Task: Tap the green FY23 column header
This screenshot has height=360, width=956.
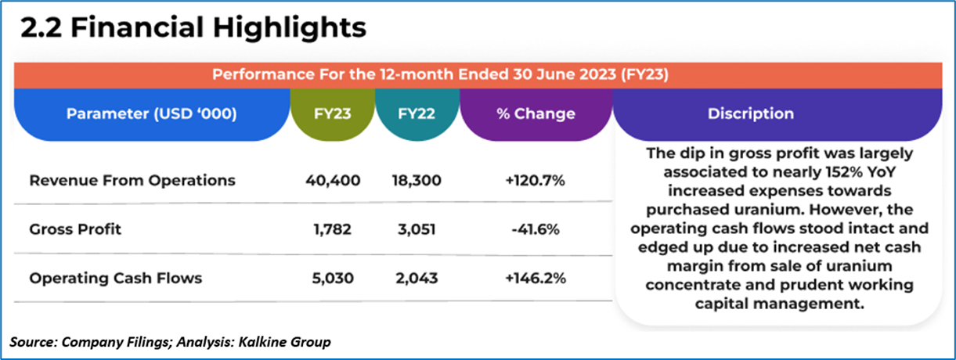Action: tap(333, 113)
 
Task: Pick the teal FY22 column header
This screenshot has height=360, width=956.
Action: tap(417, 113)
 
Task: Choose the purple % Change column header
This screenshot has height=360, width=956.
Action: tap(536, 113)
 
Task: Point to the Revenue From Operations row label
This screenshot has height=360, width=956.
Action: tap(132, 181)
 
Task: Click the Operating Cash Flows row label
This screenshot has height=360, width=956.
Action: tap(116, 278)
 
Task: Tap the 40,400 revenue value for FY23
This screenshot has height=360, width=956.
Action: tap(333, 181)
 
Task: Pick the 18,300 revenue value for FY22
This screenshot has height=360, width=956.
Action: tap(417, 181)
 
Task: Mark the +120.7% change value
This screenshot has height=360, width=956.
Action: tap(536, 181)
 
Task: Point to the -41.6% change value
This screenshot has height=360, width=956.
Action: tap(536, 230)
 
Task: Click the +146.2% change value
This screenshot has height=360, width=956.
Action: tap(536, 278)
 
